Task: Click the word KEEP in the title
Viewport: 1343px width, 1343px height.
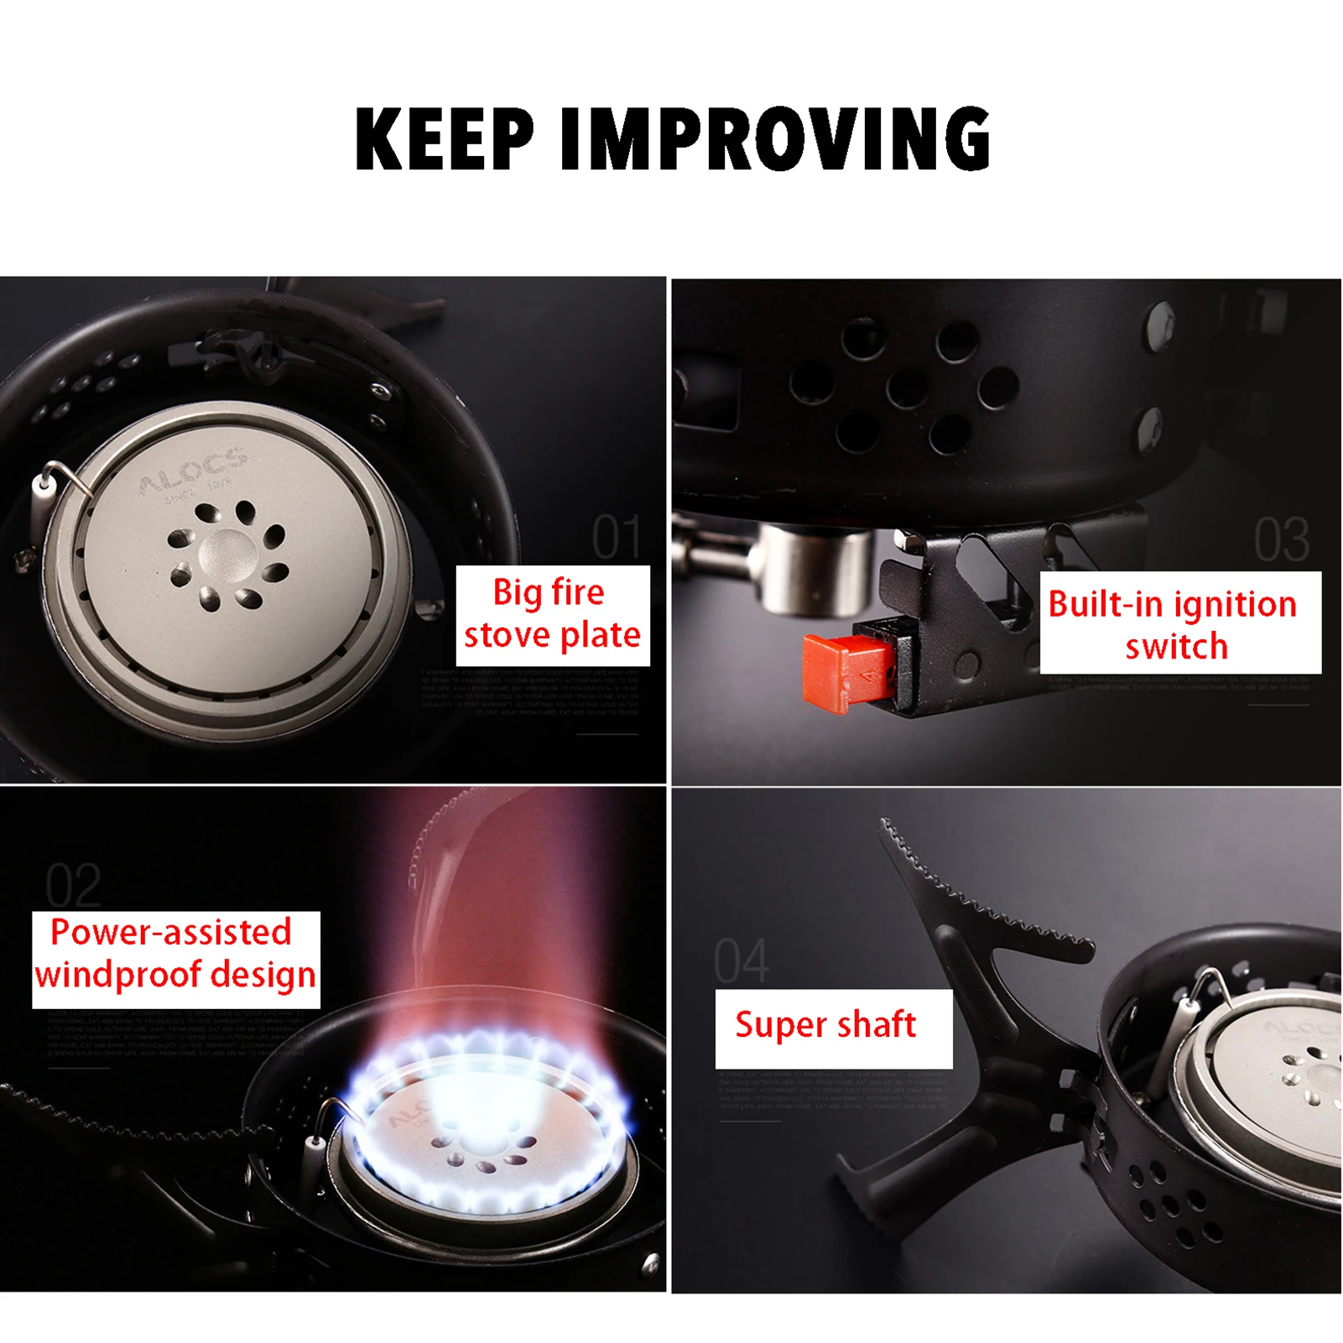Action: click(x=445, y=139)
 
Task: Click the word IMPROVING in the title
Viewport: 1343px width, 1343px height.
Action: click(x=775, y=139)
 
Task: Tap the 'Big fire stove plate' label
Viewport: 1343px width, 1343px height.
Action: click(x=552, y=615)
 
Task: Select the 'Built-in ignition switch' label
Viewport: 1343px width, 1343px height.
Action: click(x=1179, y=623)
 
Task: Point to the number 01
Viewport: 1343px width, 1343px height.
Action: click(x=616, y=538)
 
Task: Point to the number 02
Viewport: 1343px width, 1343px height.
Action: click(x=73, y=886)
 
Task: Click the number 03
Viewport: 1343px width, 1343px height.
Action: click(x=1281, y=539)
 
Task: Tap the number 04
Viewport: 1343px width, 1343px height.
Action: click(x=741, y=961)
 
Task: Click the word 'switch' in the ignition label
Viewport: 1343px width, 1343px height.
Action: click(x=1176, y=648)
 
